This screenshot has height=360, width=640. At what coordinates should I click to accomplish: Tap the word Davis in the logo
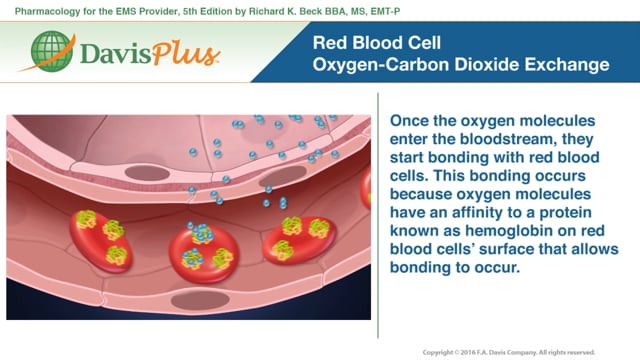click(x=106, y=53)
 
